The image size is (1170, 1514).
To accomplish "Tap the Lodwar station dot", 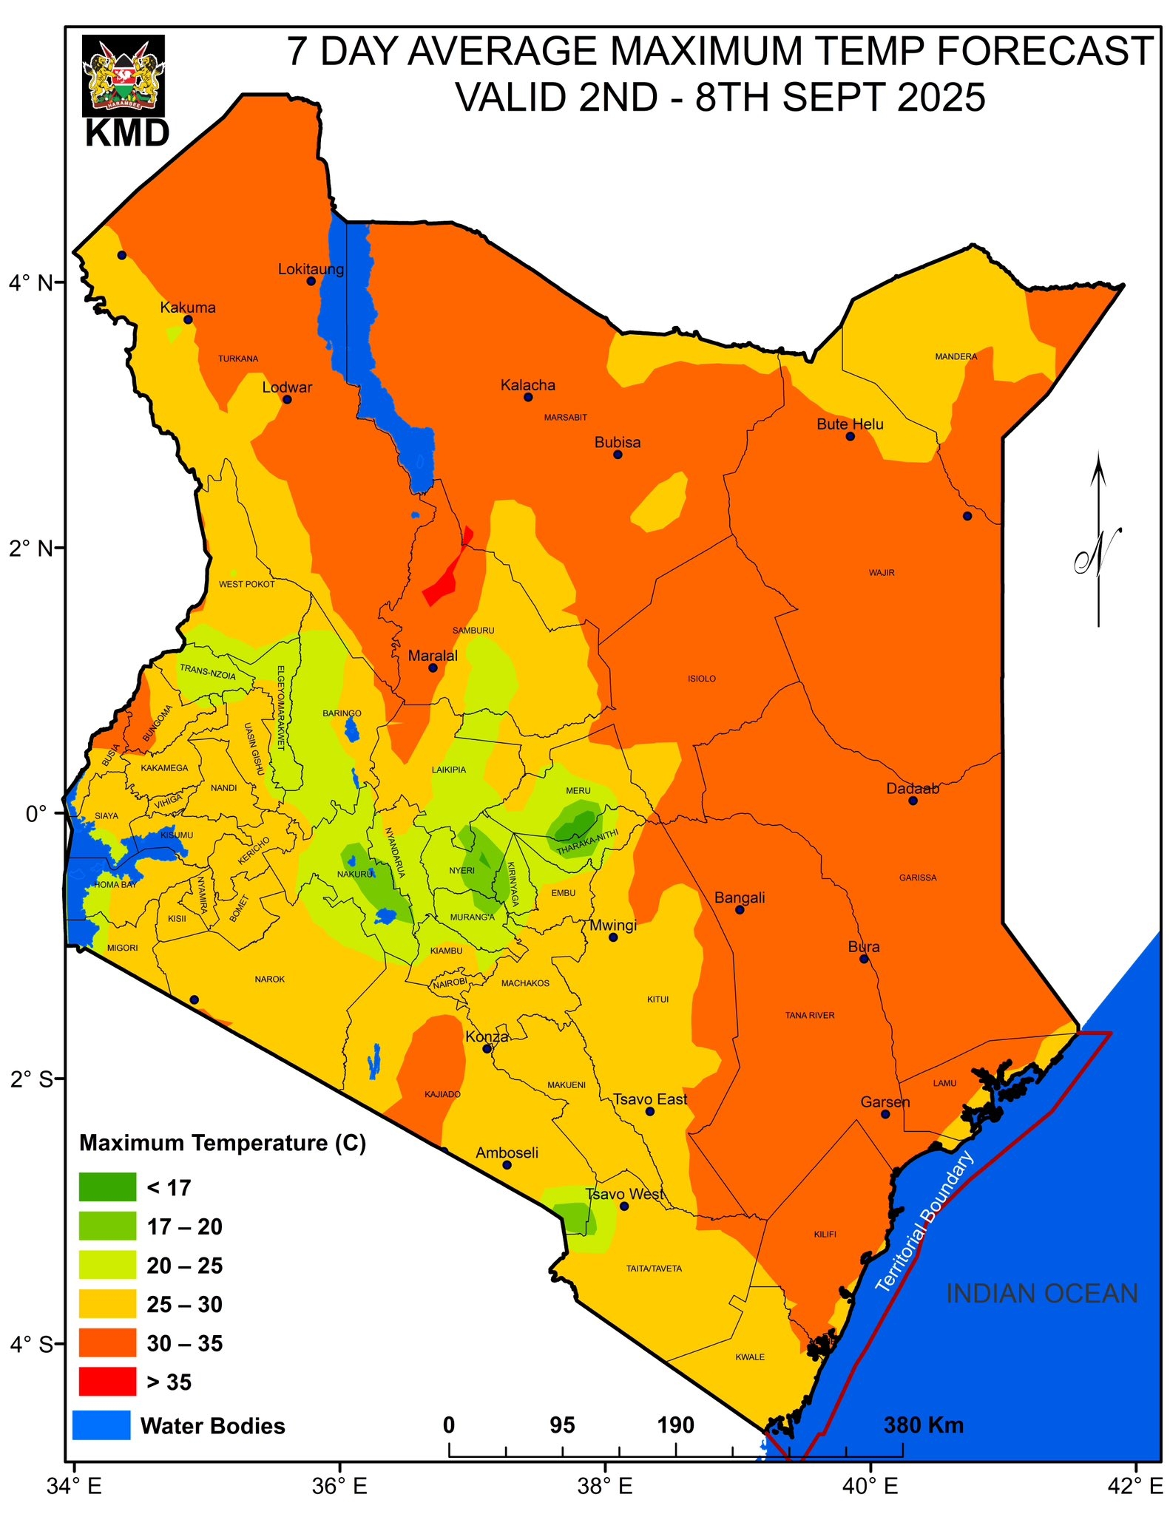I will click(x=287, y=399).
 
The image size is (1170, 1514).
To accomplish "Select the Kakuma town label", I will click(x=188, y=308).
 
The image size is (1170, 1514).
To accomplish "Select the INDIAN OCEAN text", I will click(x=1041, y=1293).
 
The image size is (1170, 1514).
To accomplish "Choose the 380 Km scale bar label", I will click(x=923, y=1425).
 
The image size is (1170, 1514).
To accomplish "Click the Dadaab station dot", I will click(x=913, y=801).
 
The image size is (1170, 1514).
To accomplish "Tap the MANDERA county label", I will click(x=956, y=356).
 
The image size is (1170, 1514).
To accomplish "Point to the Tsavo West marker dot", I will click(x=623, y=1206).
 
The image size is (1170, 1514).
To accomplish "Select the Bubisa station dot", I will click(x=618, y=455).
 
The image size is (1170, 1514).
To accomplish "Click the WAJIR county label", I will click(x=882, y=572).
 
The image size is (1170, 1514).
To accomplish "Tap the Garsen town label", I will click(x=885, y=1102).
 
